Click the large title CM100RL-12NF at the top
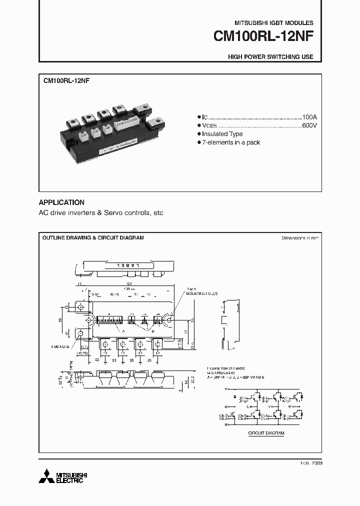[263, 37]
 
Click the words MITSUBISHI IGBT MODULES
[274, 23]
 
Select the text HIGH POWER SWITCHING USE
[270, 57]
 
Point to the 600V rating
[309, 125]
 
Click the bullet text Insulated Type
[222, 134]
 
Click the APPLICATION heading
[61, 202]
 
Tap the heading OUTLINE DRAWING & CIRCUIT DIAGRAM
[93, 237]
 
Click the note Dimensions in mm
[300, 238]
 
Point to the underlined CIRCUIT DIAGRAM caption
[266, 433]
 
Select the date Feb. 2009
[312, 463]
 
